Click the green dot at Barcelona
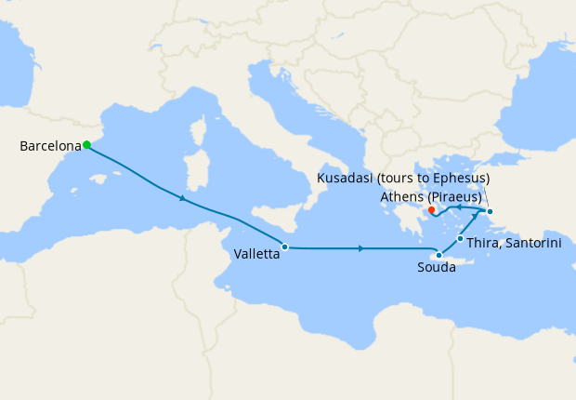[86, 144]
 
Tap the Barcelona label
[49, 146]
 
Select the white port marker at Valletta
[284, 247]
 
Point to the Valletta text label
[256, 253]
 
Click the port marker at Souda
[439, 254]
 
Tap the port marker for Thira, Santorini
[460, 239]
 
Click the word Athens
[402, 196]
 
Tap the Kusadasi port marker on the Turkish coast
[490, 212]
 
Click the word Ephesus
[458, 178]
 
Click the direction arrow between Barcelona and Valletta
[183, 198]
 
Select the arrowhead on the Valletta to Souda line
[360, 248]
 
